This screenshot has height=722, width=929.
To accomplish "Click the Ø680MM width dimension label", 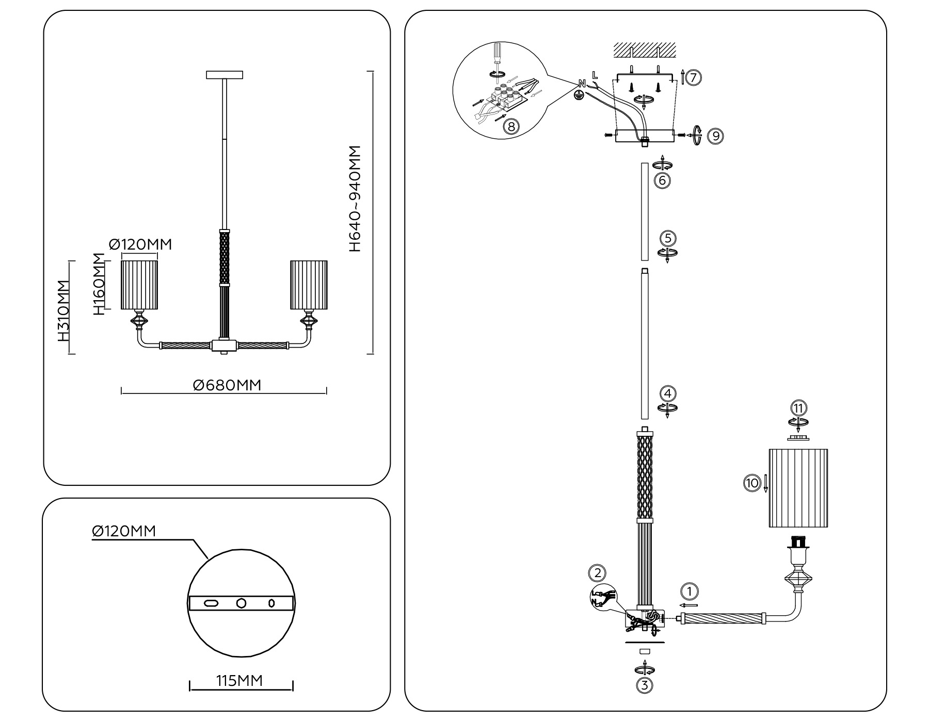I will click(227, 385).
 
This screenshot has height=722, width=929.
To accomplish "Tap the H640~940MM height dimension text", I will click(355, 199).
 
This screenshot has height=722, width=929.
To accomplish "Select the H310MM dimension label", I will click(63, 311).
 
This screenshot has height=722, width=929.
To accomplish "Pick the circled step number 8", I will click(510, 126).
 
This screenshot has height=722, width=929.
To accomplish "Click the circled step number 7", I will click(694, 78).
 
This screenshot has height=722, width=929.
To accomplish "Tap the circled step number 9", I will click(715, 136).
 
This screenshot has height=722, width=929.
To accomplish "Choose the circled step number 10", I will click(751, 483).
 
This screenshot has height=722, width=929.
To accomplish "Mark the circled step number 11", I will click(798, 408).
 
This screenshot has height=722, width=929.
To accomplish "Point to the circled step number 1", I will click(689, 591).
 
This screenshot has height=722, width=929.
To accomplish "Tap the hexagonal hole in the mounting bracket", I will click(241, 603).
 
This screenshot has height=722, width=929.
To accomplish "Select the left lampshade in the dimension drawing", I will click(139, 285).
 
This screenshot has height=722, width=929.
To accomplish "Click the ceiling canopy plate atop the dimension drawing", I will click(225, 75).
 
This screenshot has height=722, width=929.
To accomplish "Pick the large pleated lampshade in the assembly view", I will click(798, 488).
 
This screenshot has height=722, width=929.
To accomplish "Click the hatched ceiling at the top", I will click(645, 50).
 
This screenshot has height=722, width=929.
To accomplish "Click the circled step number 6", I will click(662, 180).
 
